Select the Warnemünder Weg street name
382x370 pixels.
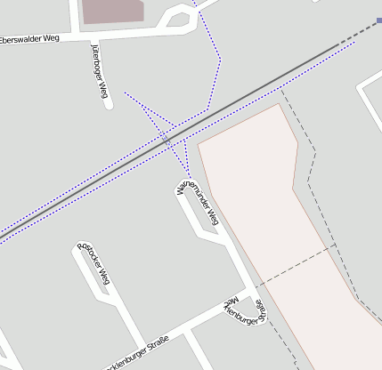coord(198,202)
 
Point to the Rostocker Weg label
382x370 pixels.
coord(93,265)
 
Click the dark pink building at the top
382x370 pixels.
coord(111,11)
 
